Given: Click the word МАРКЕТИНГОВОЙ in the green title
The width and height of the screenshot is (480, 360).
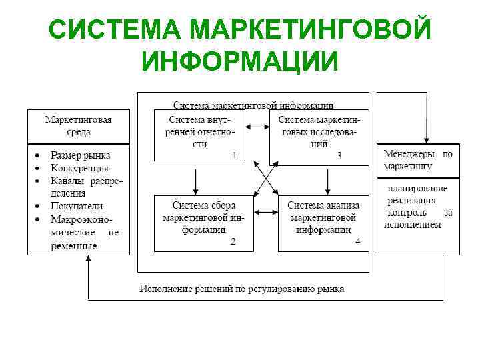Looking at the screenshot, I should (310, 30).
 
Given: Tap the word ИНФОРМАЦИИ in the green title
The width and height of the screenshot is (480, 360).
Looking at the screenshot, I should (240, 61).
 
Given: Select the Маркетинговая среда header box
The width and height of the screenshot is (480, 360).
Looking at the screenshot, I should (78, 126).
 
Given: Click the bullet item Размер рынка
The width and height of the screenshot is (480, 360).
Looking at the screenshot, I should (80, 155).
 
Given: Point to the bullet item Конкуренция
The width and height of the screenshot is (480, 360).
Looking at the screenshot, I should (79, 168).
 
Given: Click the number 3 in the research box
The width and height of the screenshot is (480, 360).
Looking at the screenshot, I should (339, 155).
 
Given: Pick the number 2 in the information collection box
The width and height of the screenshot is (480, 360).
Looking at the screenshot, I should (233, 241).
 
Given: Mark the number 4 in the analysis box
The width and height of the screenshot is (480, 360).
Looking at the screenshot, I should (358, 241).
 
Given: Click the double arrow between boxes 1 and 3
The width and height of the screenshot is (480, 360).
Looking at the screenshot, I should (257, 127).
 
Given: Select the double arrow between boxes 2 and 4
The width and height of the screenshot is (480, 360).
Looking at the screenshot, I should (266, 212).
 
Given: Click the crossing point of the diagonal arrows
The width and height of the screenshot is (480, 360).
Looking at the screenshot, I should (265, 179).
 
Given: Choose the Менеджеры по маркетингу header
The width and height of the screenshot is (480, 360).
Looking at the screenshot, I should (418, 160).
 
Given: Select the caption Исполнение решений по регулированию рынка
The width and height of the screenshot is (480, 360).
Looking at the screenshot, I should (241, 289).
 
